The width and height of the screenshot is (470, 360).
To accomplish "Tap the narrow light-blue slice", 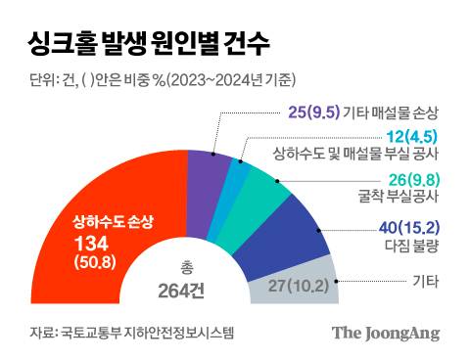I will tap(236, 176).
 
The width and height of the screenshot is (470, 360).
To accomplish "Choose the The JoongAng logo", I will tap(384, 333).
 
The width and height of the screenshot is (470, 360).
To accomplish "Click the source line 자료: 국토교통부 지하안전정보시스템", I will tap(131, 334).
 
